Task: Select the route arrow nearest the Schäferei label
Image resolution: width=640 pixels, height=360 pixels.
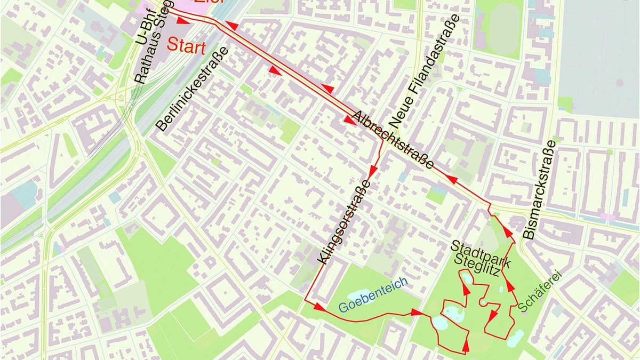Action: [510, 286]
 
